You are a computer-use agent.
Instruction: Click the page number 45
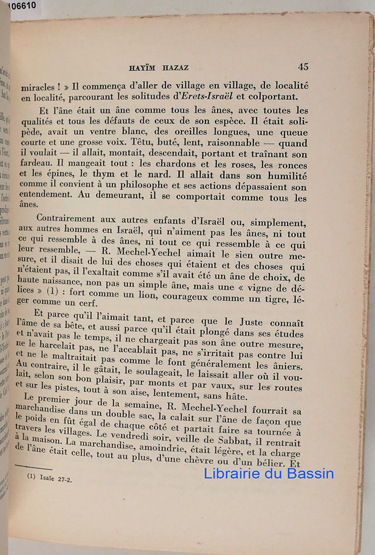click(x=303, y=67)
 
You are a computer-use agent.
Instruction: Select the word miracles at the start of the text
click(x=38, y=87)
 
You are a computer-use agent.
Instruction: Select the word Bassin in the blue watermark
click(x=306, y=473)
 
